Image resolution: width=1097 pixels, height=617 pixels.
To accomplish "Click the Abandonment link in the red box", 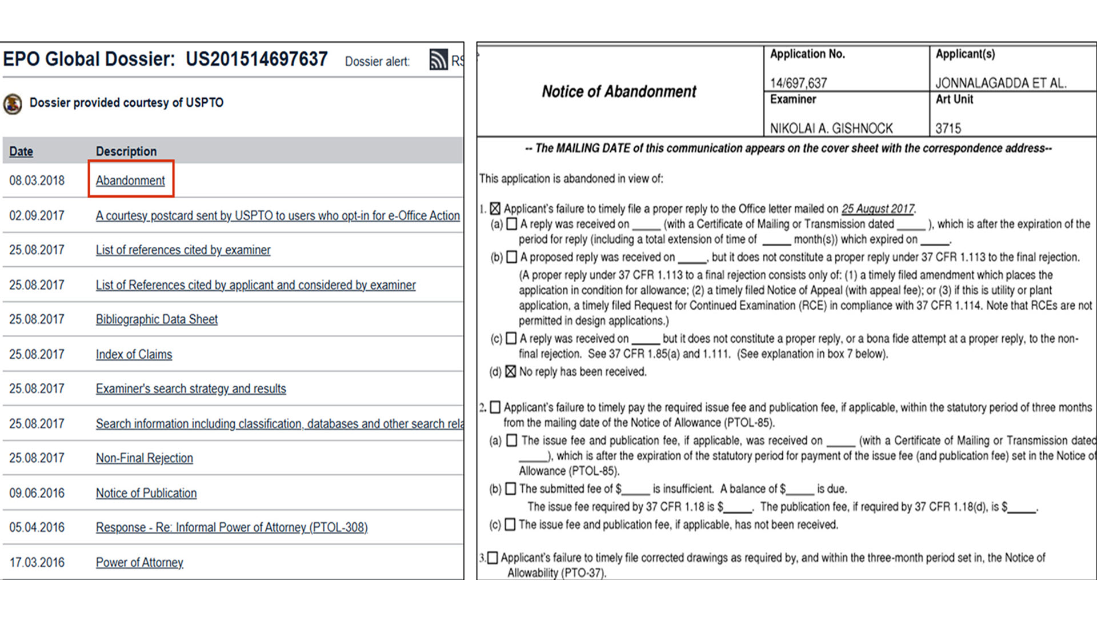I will click(130, 181).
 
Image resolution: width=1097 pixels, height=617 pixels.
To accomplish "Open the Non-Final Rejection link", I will click(144, 458).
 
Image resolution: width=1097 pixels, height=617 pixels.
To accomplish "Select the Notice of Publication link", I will click(146, 493).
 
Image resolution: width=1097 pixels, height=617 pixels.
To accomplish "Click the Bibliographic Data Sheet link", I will click(157, 319).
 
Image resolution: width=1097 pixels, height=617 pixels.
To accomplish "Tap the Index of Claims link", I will click(134, 354).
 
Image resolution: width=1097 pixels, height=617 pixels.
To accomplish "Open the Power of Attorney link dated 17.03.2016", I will click(139, 563).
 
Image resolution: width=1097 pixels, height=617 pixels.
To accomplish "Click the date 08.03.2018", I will click(37, 181).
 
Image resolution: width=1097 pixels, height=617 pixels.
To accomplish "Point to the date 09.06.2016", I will click(37, 493).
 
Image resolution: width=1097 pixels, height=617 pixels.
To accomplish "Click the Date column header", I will click(21, 151).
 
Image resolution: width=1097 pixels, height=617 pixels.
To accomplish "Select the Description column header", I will click(126, 151).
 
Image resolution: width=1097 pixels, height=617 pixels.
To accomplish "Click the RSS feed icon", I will click(438, 60).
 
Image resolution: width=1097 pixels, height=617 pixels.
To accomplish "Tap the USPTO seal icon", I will click(13, 104).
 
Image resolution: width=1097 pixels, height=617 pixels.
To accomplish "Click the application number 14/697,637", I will click(798, 83).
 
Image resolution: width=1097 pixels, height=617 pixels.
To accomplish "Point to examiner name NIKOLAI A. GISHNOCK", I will click(831, 129).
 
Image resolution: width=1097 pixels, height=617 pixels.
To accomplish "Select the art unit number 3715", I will click(948, 129).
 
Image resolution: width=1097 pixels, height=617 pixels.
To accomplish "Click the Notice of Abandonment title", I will click(619, 91).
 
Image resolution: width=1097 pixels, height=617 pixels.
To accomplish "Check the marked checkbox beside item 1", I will click(495, 209).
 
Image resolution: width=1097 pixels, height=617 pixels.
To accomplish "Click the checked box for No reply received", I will click(511, 372).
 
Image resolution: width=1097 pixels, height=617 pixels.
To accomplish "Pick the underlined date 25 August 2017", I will click(878, 209).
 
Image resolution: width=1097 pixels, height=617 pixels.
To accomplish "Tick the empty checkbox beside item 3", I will click(493, 558).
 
